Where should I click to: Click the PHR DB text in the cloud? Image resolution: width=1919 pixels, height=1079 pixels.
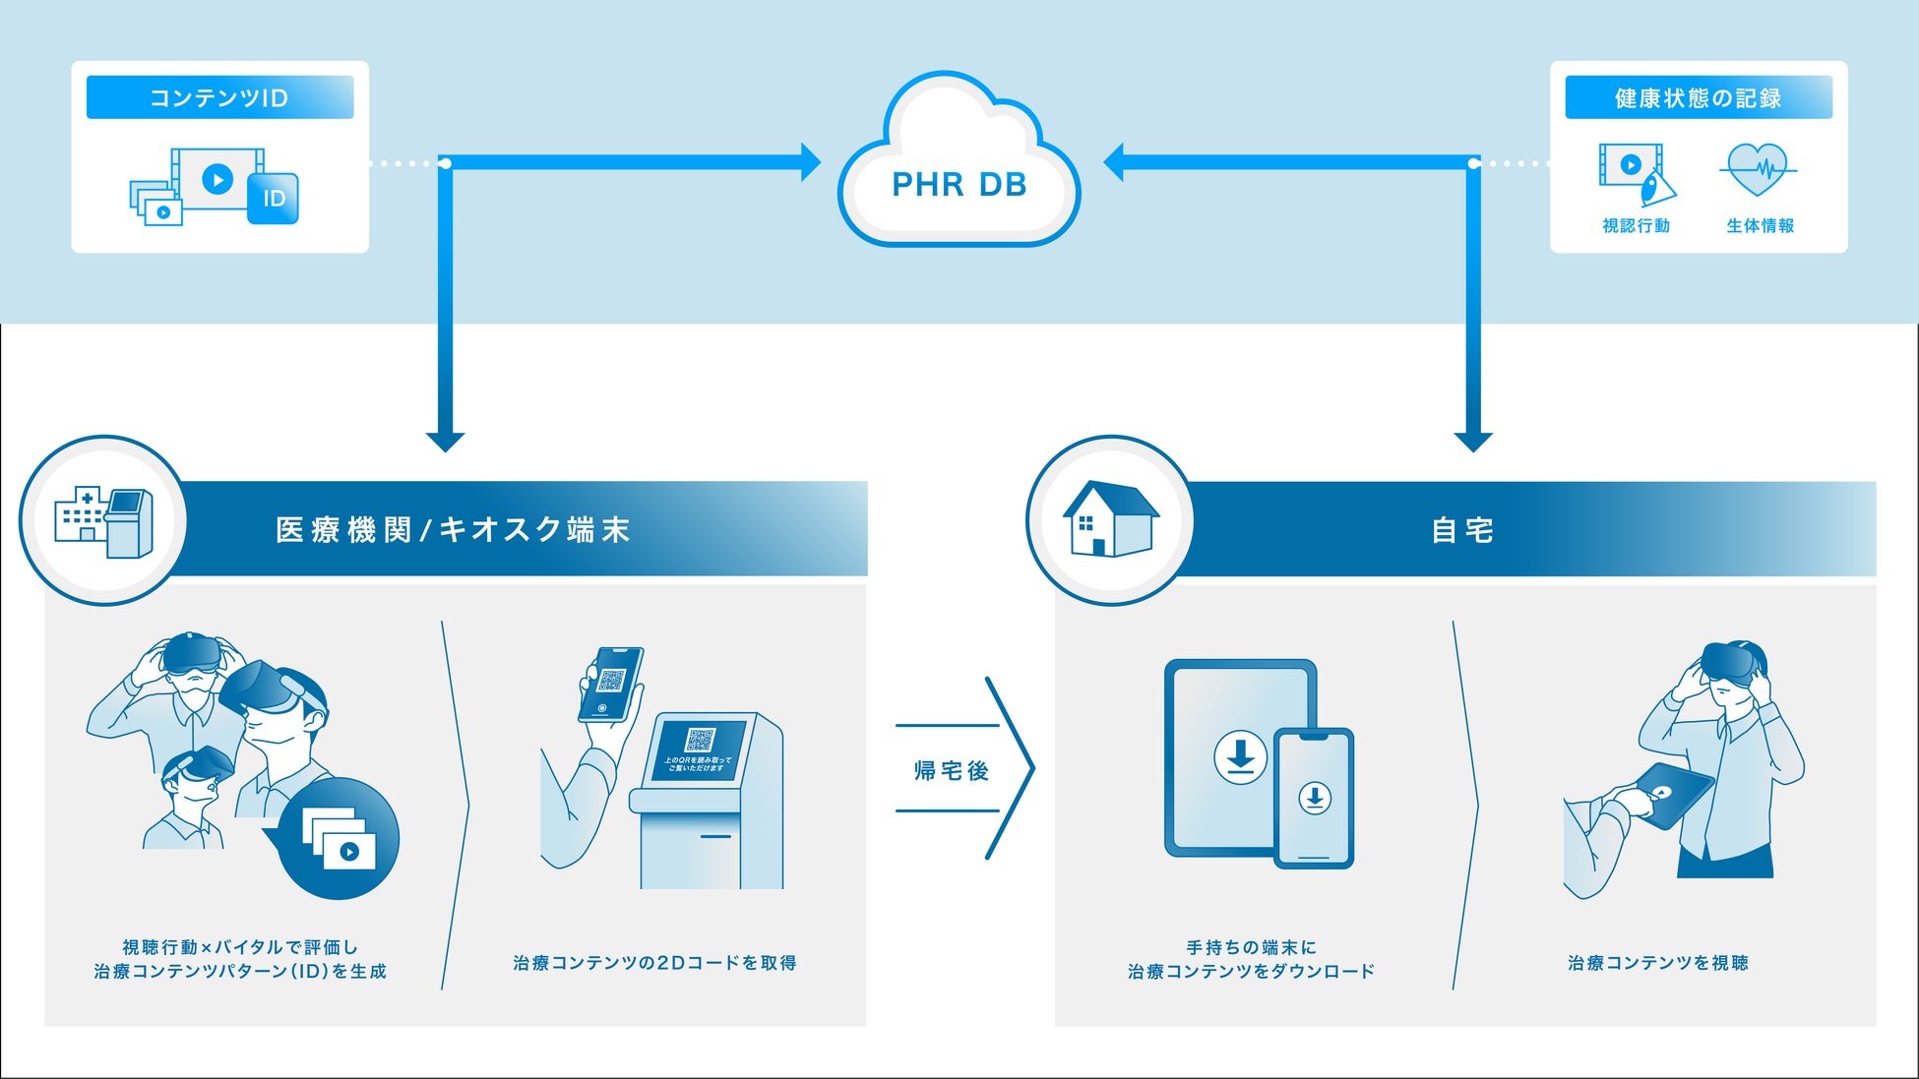coord(959,185)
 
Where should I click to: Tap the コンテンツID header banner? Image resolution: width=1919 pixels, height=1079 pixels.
coord(219,97)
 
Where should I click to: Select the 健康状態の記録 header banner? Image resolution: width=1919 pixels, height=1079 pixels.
coord(1698,98)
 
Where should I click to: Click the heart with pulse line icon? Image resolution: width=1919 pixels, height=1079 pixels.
coord(1758,169)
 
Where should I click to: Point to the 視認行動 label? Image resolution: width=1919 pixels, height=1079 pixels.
coord(1636,226)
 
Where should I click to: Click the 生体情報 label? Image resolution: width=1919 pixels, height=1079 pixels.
coord(1760,226)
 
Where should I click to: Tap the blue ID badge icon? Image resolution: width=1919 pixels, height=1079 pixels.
coord(273,199)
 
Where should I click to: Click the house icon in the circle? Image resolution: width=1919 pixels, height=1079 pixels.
coord(1110,518)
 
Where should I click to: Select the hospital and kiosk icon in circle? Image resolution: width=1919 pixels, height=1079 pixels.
coord(103,520)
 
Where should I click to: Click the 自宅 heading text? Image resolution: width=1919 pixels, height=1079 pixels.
coord(1462,531)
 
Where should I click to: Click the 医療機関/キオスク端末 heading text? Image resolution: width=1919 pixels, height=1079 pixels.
coord(453,530)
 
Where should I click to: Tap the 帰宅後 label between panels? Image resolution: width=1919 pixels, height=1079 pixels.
coord(951,770)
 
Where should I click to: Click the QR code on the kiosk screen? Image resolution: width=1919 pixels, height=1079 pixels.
coord(700,740)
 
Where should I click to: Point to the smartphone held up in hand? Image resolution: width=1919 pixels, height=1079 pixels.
coord(611,685)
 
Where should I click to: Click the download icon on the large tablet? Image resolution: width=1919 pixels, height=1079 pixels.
coord(1240,756)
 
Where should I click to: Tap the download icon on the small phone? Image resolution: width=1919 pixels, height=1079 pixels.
coord(1314,798)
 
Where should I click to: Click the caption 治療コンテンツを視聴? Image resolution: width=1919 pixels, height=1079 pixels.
coord(1657,963)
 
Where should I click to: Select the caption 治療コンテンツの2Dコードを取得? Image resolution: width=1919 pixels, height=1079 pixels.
coord(654,963)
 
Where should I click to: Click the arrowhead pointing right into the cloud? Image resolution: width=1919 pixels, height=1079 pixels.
coord(810,162)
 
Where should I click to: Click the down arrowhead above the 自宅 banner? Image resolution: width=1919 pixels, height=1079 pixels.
coord(1473,442)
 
